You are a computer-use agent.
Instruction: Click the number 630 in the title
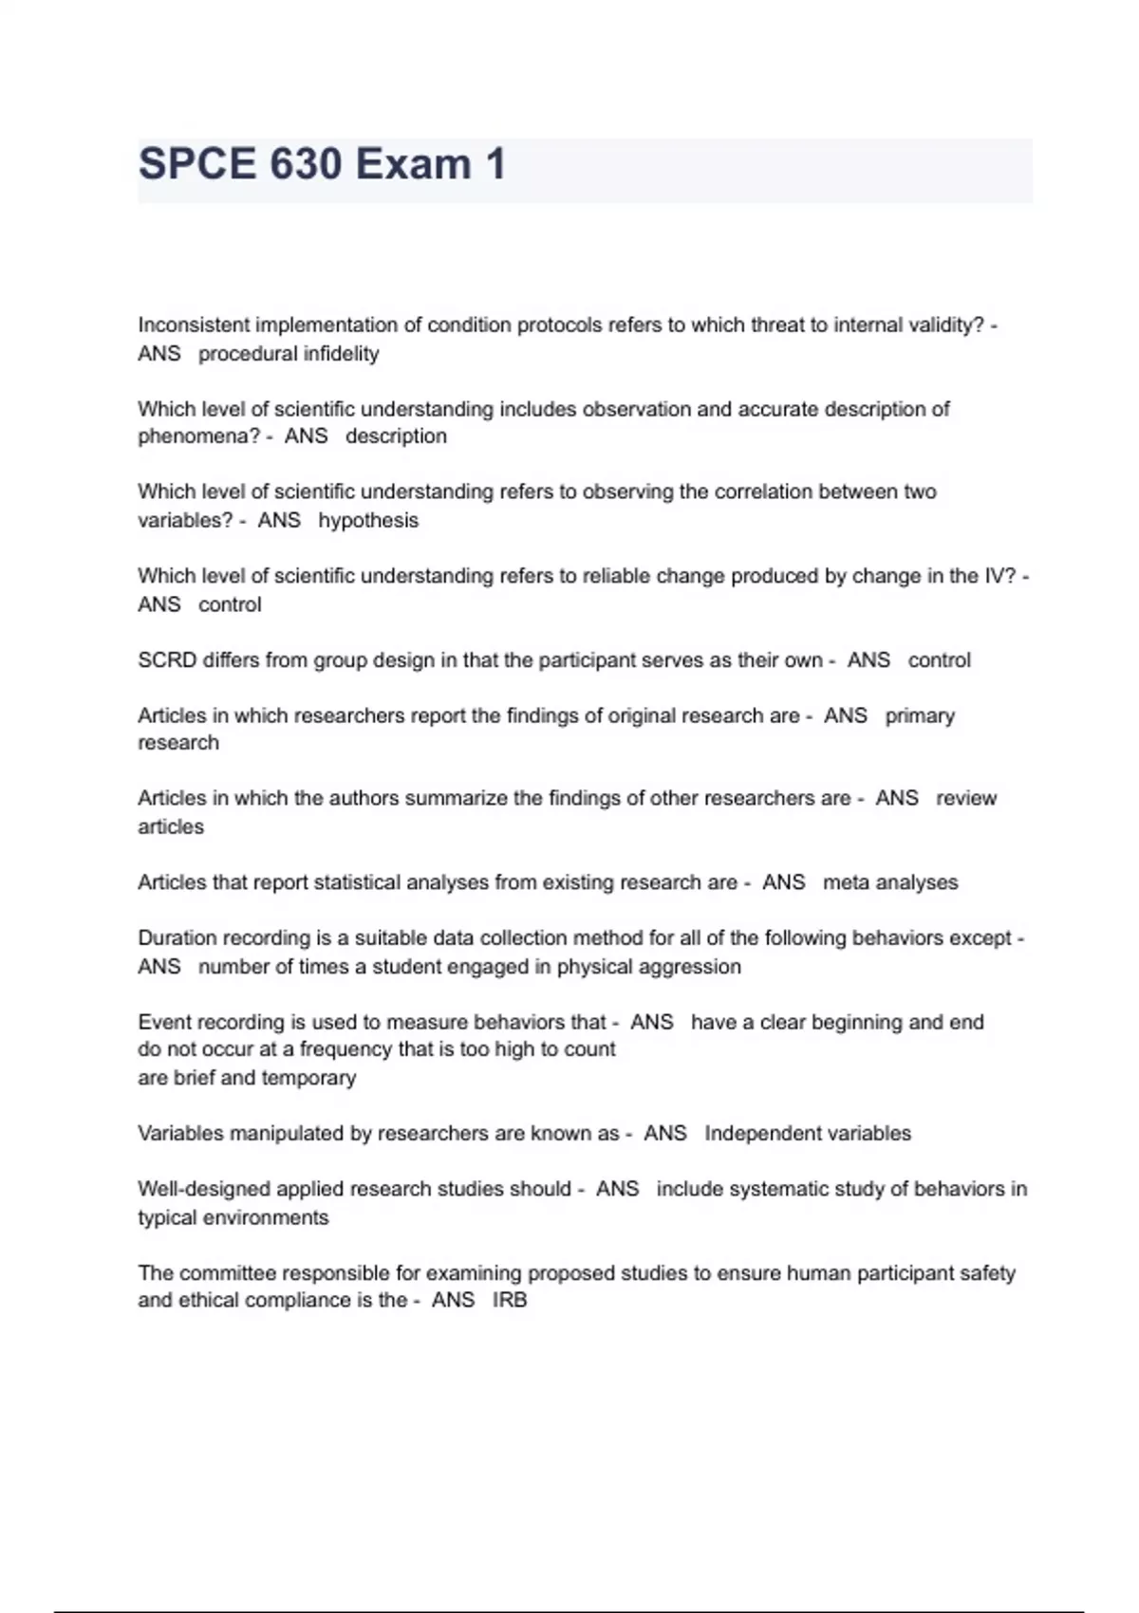[x=306, y=164]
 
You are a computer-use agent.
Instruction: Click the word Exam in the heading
[x=413, y=164]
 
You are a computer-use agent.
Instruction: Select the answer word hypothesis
[x=368, y=521]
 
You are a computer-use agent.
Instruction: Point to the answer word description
[x=396, y=436]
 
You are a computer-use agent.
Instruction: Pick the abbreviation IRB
[x=510, y=1300]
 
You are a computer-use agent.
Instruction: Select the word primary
[x=920, y=716]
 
